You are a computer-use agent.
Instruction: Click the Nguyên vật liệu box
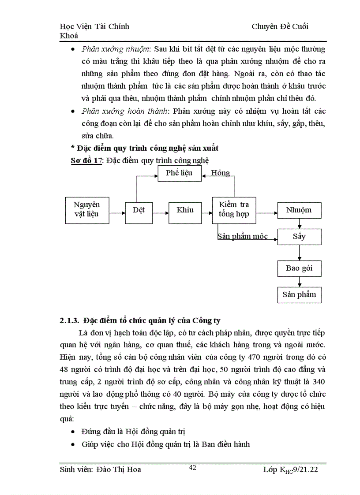pos(86,209)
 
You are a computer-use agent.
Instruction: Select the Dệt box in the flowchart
pos(139,210)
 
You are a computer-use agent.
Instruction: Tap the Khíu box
pos(185,210)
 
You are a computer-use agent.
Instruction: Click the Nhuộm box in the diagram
pos(299,210)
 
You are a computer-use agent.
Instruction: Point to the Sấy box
pos(299,237)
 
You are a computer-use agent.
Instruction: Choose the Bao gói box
pos(299,268)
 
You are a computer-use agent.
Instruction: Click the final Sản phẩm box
pos(299,294)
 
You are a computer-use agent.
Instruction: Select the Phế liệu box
pos(179,173)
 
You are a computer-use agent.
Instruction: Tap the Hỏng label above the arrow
pos(220,172)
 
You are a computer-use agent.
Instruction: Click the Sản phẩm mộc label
pos(242,236)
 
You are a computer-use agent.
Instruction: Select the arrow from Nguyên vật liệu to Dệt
pos(117,213)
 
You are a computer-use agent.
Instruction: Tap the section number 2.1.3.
pos(69,320)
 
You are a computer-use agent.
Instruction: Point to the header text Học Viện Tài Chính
pos(94,26)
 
